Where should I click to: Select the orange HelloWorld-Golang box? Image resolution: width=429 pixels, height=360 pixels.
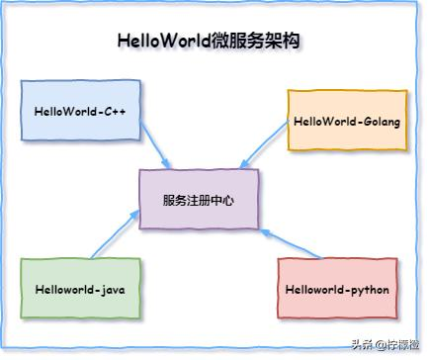coord(347,121)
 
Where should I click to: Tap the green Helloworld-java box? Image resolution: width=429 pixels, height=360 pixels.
coord(80,289)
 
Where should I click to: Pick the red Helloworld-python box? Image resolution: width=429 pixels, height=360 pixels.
coord(337,289)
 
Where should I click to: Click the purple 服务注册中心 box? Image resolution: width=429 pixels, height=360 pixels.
coord(199,199)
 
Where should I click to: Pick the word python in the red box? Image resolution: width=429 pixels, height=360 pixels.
coord(368,289)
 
